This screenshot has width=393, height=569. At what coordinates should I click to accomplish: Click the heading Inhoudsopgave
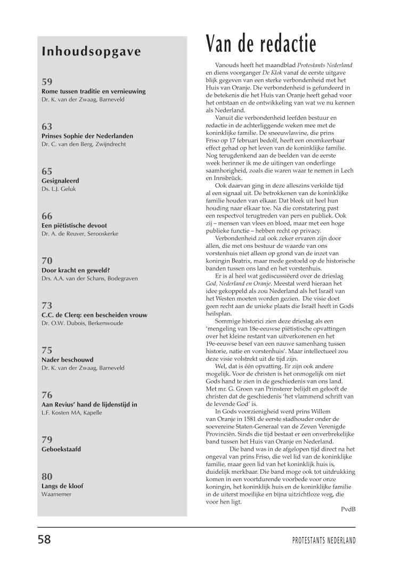[91, 52]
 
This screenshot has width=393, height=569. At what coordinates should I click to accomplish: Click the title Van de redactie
[261, 43]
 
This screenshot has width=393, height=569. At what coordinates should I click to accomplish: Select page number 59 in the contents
[47, 82]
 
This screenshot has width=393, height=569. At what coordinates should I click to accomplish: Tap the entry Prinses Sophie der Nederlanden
[87, 136]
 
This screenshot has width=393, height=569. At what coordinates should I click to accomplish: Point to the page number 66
[47, 216]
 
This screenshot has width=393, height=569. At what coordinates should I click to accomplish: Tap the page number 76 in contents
[47, 395]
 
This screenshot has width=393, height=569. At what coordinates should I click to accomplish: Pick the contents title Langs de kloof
[62, 486]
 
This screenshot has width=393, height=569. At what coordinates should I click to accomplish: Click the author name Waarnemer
[56, 494]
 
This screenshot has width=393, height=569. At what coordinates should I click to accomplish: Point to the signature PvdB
[348, 509]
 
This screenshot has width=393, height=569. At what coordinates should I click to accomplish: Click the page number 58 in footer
[44, 539]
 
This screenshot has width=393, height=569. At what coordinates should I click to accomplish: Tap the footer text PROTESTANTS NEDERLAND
[324, 540]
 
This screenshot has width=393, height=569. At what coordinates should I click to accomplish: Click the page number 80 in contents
[47, 476]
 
